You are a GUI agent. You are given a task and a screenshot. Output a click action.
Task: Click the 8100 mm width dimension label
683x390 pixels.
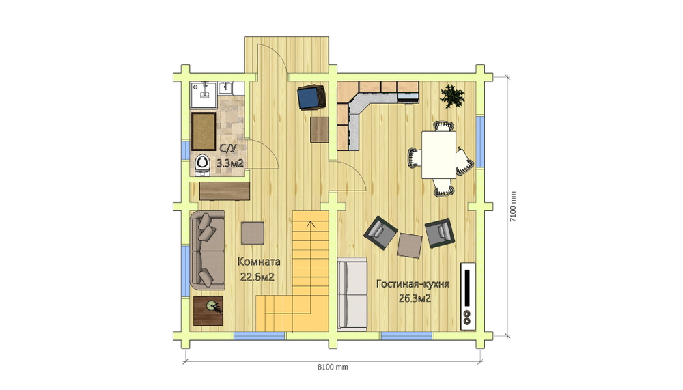[x=333, y=367]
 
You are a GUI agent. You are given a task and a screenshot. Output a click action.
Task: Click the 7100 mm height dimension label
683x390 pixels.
[x=513, y=206]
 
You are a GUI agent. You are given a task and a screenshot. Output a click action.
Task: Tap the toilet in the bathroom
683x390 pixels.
[x=202, y=165]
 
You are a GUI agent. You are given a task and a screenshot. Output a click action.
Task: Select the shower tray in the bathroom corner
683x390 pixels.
[x=204, y=95]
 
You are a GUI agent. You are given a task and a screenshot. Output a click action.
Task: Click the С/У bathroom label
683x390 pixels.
[x=228, y=149]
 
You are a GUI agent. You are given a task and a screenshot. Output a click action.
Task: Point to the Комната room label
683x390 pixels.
[x=259, y=262]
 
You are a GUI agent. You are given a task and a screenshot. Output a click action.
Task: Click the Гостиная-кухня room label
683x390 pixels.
[x=413, y=284]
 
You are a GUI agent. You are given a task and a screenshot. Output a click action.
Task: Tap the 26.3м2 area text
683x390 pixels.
[x=415, y=298]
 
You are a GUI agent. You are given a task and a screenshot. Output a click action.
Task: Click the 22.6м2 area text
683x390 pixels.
[x=257, y=277]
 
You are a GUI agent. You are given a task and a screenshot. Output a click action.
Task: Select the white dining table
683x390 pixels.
[x=438, y=154]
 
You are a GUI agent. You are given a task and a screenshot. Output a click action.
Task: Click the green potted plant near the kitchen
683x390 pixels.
[x=452, y=96]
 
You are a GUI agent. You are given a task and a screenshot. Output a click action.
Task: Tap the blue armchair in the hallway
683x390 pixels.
[x=312, y=97]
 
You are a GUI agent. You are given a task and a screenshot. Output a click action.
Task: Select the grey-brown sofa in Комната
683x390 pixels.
[x=208, y=251]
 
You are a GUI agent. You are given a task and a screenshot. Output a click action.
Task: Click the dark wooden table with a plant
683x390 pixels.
[x=208, y=311]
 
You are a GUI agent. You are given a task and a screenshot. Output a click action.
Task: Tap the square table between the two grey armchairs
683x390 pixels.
[x=409, y=246]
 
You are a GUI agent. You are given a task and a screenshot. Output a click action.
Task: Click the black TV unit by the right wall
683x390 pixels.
[x=468, y=296]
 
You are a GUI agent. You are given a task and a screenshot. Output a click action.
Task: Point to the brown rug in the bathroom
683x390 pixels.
[x=204, y=132]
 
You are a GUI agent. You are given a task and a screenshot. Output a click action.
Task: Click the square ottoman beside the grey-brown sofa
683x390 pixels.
[x=253, y=233]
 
